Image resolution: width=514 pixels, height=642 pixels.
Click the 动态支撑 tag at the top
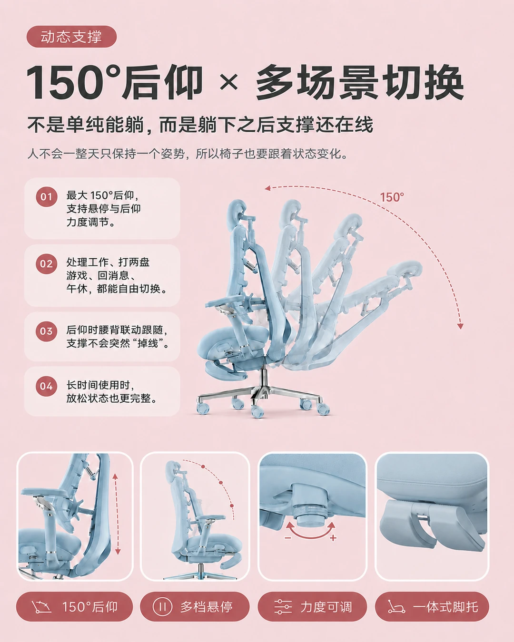pyautogui.click(x=71, y=37)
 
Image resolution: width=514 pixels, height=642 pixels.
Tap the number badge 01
pyautogui.click(x=46, y=196)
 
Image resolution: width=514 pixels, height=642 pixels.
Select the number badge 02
pyautogui.click(x=46, y=264)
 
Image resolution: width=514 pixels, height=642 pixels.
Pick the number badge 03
pyautogui.click(x=46, y=331)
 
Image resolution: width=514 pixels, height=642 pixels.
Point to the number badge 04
pyautogui.click(x=46, y=386)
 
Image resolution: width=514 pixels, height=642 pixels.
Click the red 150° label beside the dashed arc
pyautogui.click(x=392, y=197)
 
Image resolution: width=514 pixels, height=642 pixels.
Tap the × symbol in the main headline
pyautogui.click(x=228, y=82)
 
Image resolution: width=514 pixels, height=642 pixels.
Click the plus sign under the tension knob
pyautogui.click(x=333, y=538)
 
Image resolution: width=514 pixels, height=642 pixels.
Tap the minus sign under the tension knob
pyautogui.click(x=288, y=537)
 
